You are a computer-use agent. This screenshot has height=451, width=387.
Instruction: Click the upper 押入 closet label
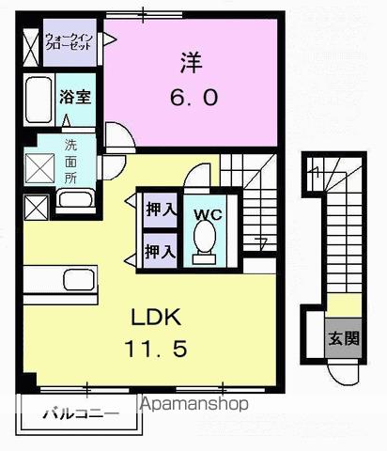(x=160, y=210)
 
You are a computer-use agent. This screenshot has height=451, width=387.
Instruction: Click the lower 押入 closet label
(x=160, y=251)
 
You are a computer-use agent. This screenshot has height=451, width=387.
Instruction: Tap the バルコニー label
(x=82, y=412)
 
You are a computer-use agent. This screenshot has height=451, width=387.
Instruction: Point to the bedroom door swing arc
(x=119, y=136)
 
